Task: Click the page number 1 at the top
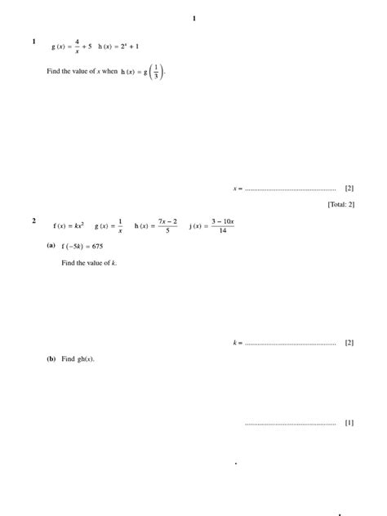click(193, 18)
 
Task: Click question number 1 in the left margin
click(33, 42)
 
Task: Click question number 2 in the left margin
click(33, 220)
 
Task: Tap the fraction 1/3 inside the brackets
click(157, 72)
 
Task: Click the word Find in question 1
click(55, 72)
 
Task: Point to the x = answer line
click(290, 189)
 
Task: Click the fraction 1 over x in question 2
click(120, 225)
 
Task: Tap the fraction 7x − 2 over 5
click(168, 225)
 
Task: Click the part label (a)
click(51, 246)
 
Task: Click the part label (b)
click(51, 358)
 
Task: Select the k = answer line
click(290, 343)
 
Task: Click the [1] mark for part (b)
click(349, 423)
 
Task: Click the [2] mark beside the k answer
click(349, 343)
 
